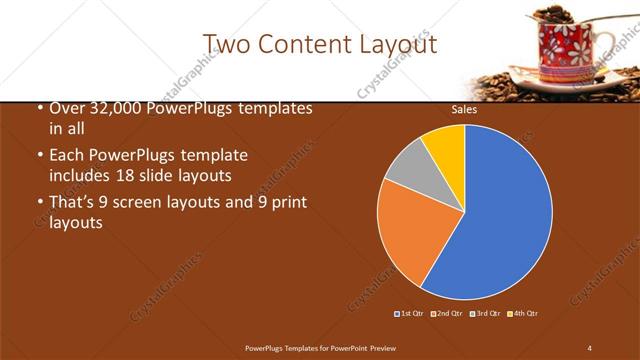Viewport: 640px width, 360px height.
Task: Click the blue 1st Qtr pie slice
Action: point(500,220)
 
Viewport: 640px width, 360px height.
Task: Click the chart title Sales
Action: point(464,110)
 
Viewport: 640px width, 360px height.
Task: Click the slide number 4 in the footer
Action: point(590,347)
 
